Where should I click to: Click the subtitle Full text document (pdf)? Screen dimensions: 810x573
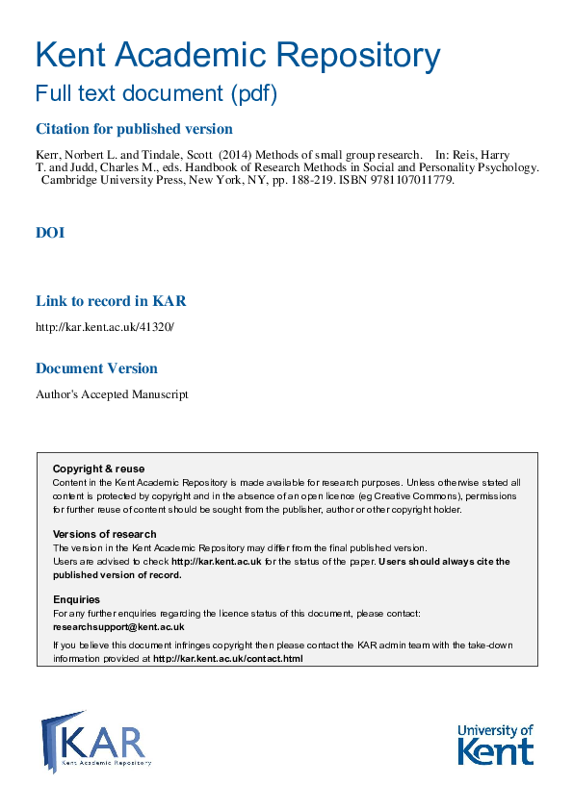tap(156, 94)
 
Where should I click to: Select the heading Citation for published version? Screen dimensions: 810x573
tap(134, 129)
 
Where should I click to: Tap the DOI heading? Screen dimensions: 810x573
tap(50, 233)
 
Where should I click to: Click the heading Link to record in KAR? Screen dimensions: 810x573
tap(111, 301)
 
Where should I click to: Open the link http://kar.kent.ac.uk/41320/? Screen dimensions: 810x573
tap(105, 327)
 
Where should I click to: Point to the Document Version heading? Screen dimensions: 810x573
tap(96, 368)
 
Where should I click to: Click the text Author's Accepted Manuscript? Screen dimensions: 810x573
tap(112, 394)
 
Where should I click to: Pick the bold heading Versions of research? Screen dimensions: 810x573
tap(104, 534)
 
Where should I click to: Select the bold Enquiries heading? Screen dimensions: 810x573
tap(76, 599)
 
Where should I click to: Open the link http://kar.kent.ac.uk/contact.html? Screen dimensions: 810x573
tap(227, 659)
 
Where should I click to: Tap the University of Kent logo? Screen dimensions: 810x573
tap(495, 744)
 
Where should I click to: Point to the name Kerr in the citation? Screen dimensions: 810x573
tap(48, 155)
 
